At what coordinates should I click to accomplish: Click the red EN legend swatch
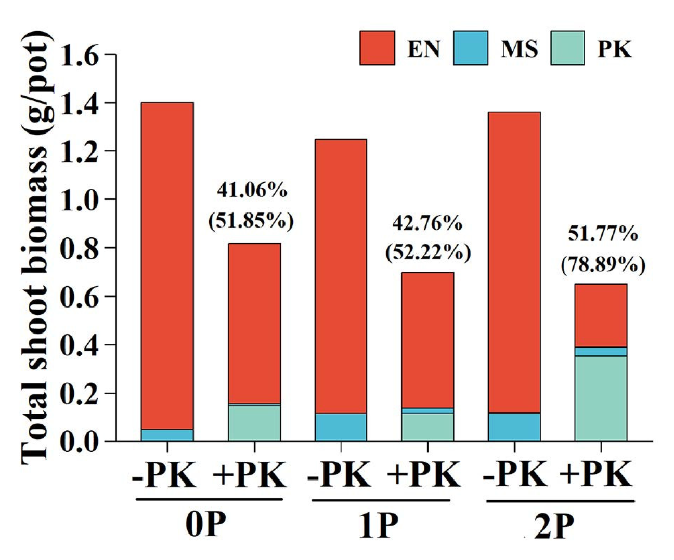377,48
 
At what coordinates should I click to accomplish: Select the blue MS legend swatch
470,48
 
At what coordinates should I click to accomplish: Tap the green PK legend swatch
567,48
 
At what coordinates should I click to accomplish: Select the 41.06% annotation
252,191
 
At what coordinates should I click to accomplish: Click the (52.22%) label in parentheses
427,253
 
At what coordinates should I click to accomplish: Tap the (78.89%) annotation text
603,265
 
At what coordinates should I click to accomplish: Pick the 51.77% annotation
603,234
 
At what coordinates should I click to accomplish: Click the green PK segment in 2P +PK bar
601,398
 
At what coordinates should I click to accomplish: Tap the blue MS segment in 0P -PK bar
167,435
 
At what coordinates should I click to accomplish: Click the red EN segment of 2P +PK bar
601,315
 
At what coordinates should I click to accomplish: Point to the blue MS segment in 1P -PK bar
341,427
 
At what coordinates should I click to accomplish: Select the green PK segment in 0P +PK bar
254,423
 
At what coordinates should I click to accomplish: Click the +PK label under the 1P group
424,474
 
